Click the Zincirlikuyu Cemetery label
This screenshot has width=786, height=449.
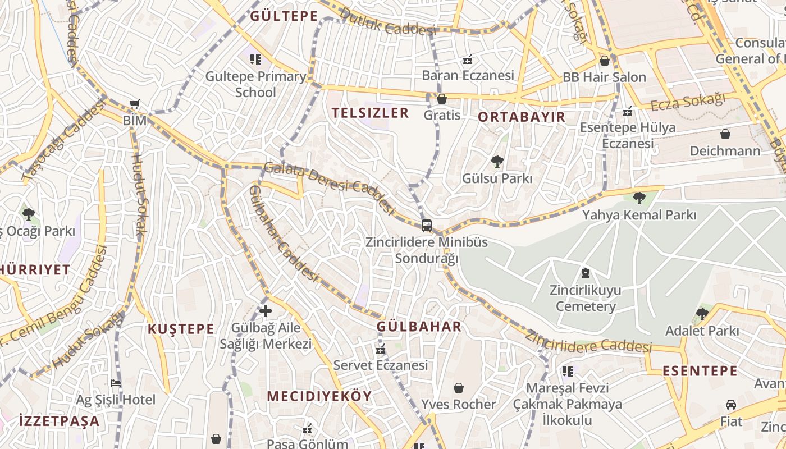tap(586, 299)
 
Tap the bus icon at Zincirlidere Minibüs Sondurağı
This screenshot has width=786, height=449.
tap(427, 226)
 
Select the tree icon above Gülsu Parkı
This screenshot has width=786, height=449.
tap(497, 162)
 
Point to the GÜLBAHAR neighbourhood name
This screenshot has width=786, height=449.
tap(419, 327)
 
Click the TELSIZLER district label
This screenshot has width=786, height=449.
tap(370, 113)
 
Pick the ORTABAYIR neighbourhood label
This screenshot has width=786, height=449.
tap(522, 117)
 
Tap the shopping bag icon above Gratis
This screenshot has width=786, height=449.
tap(442, 99)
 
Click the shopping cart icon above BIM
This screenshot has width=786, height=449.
tap(134, 104)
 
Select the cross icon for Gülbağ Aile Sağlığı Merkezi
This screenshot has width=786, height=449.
tap(266, 310)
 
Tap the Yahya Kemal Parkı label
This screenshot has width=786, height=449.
tap(639, 215)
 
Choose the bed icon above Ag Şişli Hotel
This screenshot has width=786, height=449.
tap(116, 383)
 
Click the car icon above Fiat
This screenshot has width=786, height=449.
tap(731, 405)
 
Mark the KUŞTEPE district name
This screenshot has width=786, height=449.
tap(181, 329)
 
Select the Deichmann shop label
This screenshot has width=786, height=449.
tap(725, 151)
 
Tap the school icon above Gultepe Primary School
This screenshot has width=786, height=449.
tap(256, 59)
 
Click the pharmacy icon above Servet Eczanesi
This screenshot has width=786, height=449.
tap(381, 350)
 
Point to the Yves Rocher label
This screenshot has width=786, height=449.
tap(459, 404)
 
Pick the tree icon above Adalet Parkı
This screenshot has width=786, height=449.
tap(702, 314)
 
